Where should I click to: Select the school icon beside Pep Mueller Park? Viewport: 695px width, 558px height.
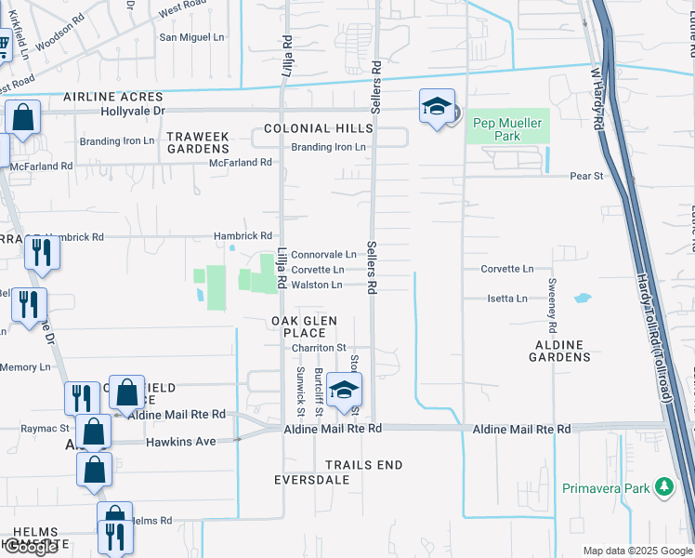point(436,107)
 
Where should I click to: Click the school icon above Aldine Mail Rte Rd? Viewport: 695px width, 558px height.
point(344,391)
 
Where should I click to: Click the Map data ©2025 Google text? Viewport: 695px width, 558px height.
point(637,551)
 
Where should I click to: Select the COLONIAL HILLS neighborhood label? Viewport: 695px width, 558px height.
point(311,128)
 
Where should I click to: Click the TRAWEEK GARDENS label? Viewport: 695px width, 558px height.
point(198,142)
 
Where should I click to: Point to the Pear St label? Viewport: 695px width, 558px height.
point(586,175)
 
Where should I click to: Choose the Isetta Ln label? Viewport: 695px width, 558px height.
point(507,299)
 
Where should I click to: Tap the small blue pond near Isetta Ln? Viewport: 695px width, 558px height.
point(582,299)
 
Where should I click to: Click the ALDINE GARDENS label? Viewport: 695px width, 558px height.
point(559,351)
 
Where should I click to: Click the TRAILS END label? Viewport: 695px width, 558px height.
point(364,465)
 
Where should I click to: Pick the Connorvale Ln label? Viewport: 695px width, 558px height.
point(323,254)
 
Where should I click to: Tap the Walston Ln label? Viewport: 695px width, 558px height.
point(317,285)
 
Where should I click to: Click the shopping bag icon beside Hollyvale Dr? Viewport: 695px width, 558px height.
point(23,120)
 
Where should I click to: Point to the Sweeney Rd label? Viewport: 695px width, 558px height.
point(552,305)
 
